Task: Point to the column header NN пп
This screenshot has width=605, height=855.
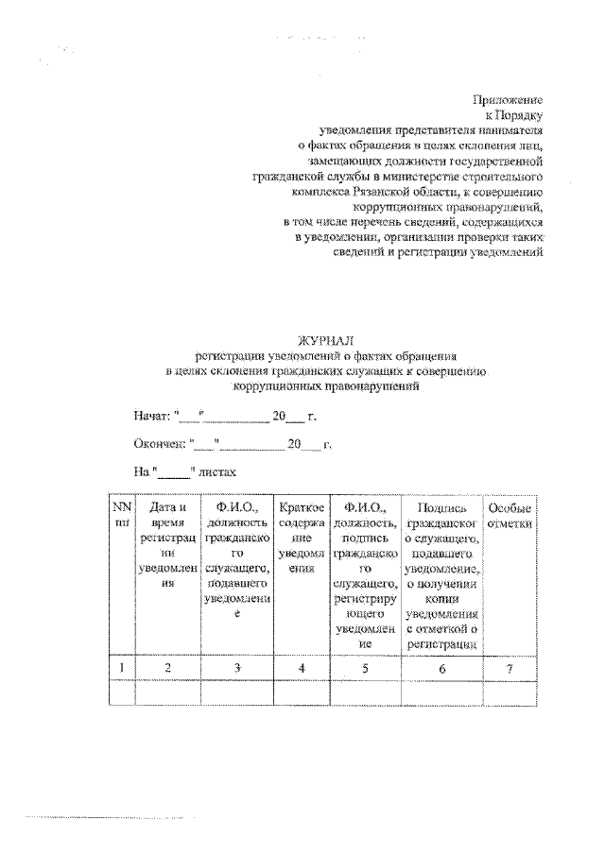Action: pos(120,517)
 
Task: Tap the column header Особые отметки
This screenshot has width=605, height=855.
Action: pos(510,517)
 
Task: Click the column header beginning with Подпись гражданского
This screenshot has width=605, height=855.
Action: pos(441,576)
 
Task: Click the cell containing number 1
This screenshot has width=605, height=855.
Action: pos(120,668)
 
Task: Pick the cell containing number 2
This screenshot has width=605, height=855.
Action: pos(167,668)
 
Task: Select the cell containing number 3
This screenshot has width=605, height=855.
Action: pos(237,668)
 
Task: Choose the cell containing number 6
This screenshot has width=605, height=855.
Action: pos(441,668)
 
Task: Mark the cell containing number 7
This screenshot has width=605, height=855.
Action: pos(510,668)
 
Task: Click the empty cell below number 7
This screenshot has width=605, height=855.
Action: pos(510,693)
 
